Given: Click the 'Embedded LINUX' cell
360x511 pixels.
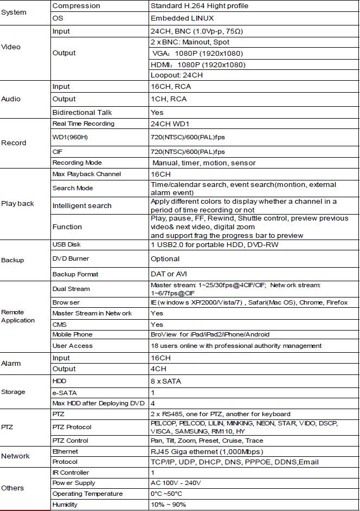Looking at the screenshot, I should click(182, 18).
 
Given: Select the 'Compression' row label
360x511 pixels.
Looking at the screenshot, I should click(76, 6).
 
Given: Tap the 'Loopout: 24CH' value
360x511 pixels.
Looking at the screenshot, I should click(177, 75).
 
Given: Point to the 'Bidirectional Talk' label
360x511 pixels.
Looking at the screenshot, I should click(82, 112).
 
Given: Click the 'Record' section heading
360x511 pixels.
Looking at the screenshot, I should click(14, 143).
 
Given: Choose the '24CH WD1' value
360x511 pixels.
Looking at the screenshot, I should click(172, 124).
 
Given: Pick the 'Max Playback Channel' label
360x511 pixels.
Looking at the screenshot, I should click(87, 174).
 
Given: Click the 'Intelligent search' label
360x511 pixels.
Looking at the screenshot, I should click(82, 206).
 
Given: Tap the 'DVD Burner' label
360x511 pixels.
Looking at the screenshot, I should click(70, 259).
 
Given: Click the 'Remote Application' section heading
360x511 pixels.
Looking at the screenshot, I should click(18, 316).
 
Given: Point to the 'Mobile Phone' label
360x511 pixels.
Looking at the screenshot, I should click(72, 335).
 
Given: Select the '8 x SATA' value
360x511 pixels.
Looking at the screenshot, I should click(166, 381).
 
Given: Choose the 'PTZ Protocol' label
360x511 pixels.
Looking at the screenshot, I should click(74, 427).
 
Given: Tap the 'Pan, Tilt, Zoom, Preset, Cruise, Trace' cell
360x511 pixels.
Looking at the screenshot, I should click(207, 441).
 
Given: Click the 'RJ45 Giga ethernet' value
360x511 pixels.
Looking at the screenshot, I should click(207, 451).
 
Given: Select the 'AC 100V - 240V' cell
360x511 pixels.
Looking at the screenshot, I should click(176, 483).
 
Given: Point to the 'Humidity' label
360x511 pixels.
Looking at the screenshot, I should click(65, 504).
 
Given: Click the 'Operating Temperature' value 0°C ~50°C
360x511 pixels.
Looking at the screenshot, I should click(166, 494).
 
